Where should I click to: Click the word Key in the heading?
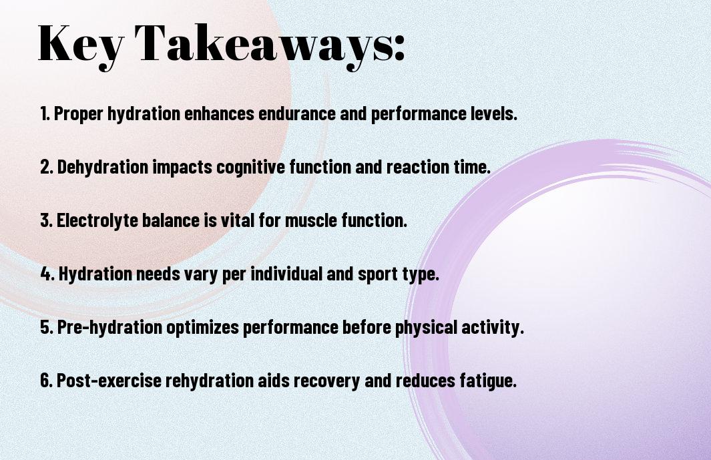click(81, 45)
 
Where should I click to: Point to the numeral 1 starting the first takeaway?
click(43, 113)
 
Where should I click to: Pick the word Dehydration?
click(103, 167)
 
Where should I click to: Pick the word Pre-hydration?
click(109, 327)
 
